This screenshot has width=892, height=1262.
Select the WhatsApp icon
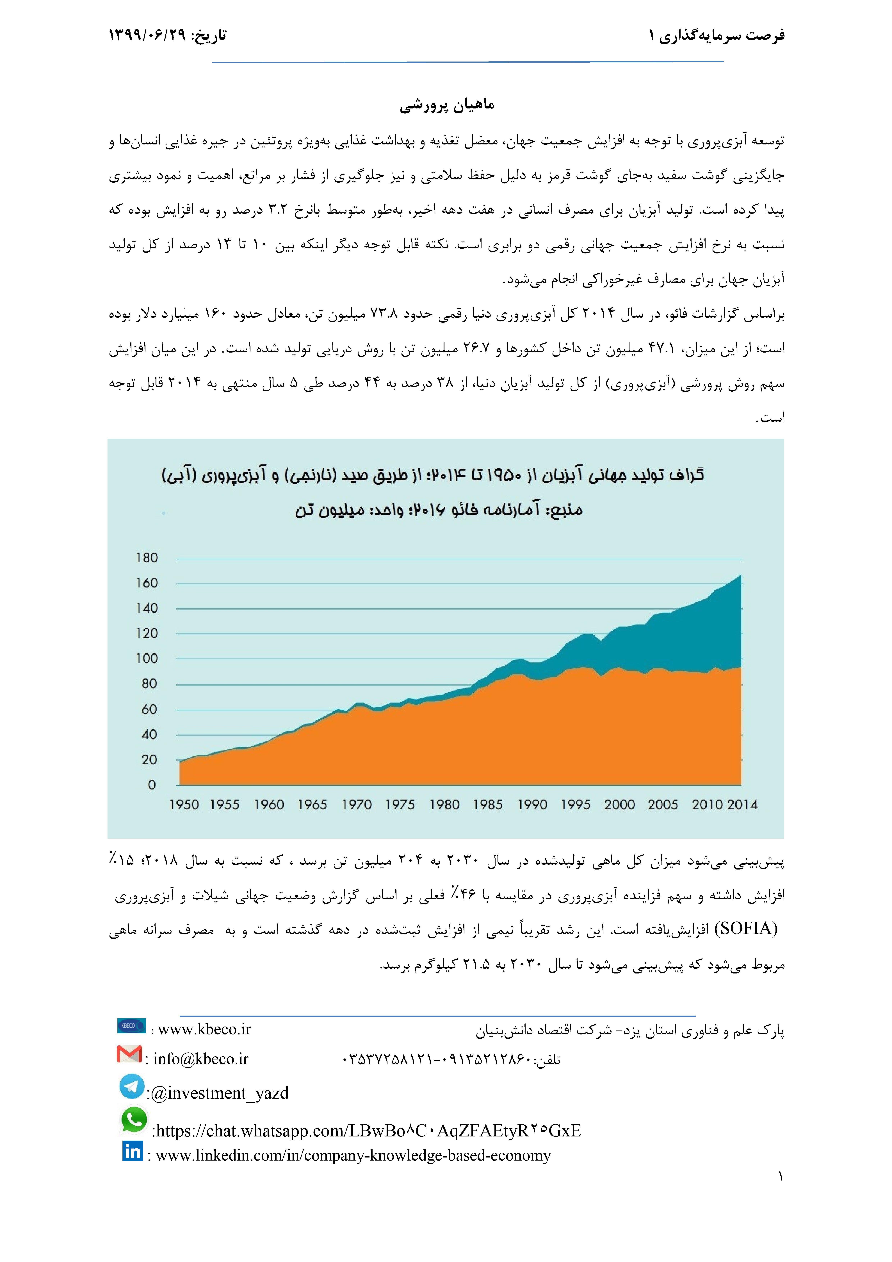(134, 1120)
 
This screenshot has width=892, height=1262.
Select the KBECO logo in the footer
(131, 1026)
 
